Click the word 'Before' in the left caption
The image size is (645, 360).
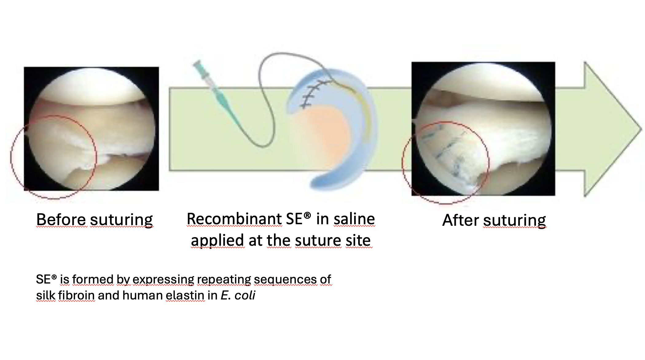point(61,220)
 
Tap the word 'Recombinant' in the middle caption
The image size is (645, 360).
point(234,219)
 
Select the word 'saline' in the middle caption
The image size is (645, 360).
point(354,219)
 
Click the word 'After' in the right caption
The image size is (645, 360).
point(461,220)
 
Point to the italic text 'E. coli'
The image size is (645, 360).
point(238,295)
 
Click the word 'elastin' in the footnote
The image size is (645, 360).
point(185,295)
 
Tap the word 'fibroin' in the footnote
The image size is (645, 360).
point(76,295)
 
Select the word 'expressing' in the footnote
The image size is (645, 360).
point(163,280)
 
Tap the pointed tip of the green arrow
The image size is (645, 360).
point(641,129)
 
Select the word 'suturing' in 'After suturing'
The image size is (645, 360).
point(515,221)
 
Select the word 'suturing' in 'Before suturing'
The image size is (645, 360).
point(121,220)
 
